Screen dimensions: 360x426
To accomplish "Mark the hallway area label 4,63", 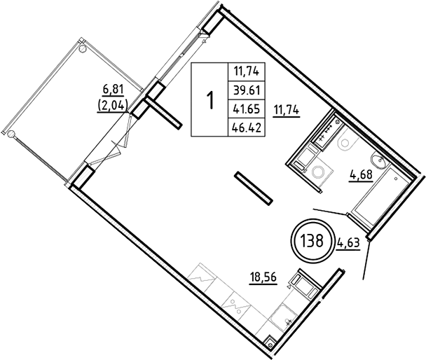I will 348,244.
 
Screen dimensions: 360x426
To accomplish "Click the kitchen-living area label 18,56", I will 263,277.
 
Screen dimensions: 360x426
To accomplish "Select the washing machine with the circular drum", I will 323,171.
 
